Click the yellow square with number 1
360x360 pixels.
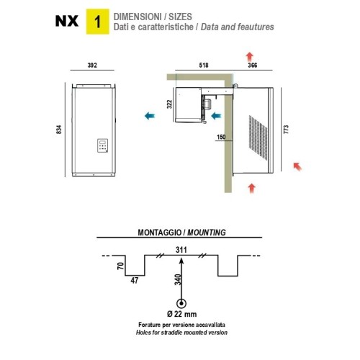coord(98,22)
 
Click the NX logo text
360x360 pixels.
coord(67,21)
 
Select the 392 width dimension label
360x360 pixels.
coord(92,66)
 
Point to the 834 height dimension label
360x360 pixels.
coord(59,130)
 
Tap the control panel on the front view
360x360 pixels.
coord(102,145)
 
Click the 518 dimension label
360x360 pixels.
coord(204,66)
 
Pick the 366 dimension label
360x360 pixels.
coord(253,66)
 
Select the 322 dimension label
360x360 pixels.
coord(169,104)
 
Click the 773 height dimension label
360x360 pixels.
coord(286,130)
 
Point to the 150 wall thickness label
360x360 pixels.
coord(221,137)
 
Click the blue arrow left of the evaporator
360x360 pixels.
coord(150,116)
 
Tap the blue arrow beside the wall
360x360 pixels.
coord(216,116)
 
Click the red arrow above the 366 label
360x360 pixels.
coord(250,57)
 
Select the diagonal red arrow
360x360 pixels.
coord(298,166)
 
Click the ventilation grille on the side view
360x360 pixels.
coord(258,138)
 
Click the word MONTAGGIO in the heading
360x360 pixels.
coord(159,233)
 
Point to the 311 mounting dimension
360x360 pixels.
coord(181,250)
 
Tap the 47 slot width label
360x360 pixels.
coord(135,280)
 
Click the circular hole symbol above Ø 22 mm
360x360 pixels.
coord(181,304)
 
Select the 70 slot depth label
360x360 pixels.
coord(121,266)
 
